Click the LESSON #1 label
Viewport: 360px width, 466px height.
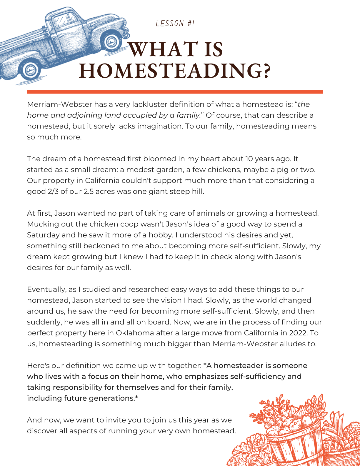pos(175,24)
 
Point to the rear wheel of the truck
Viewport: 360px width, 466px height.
pos(29,70)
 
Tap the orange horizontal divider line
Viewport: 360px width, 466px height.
pos(175,92)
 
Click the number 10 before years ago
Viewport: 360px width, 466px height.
pos(249,159)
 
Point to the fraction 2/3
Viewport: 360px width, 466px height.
pos(53,192)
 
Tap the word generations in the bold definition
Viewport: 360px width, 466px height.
pos(111,398)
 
